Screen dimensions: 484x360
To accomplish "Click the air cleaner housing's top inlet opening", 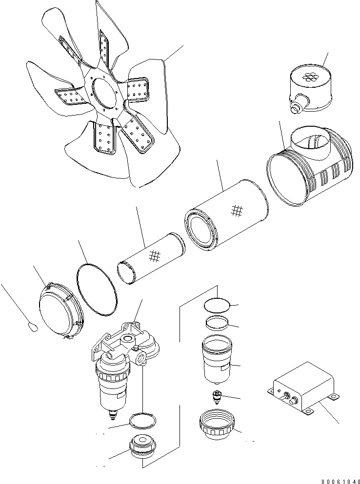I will [x=309, y=141].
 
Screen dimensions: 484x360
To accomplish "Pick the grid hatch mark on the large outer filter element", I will [x=238, y=210].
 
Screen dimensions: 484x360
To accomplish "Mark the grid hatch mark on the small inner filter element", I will [x=155, y=255].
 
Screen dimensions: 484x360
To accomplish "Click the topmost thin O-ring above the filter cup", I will [x=216, y=305].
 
